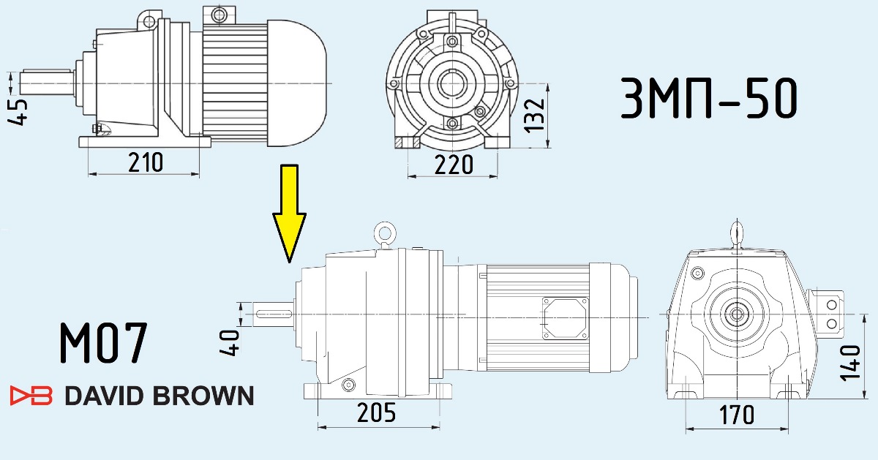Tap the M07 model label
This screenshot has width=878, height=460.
coord(103,342)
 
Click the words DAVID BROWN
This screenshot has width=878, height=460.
coord(159,396)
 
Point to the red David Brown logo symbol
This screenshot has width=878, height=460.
coord(31,396)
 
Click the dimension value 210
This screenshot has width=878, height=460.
coord(145,162)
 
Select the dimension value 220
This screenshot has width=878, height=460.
coord(454,165)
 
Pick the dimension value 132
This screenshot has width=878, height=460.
coord(536,114)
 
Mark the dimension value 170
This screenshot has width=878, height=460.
coord(736,415)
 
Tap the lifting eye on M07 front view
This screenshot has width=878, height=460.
coord(735,233)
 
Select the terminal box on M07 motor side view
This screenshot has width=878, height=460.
coord(564,318)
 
